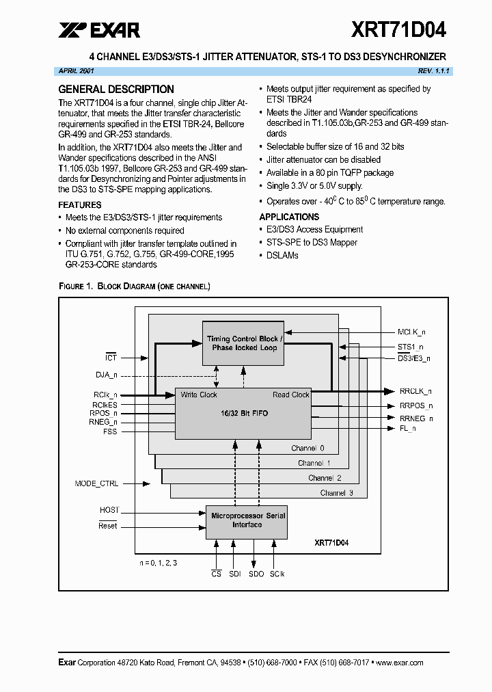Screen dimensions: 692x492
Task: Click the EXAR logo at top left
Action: (99, 29)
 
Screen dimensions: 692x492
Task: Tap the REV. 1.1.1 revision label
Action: (434, 71)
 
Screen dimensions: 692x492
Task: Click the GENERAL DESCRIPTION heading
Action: (116, 89)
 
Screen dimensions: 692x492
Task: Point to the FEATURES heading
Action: (80, 204)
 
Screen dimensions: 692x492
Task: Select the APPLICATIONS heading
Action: (289, 217)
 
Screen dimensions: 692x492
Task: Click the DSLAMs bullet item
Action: (282, 255)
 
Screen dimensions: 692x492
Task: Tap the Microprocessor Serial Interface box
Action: (247, 520)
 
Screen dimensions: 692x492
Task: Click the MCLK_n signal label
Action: (411, 332)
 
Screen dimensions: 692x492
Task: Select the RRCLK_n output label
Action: (415, 391)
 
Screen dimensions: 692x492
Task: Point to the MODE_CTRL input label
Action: (96, 483)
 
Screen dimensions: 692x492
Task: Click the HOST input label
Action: (109, 510)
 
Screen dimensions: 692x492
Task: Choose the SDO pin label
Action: (256, 574)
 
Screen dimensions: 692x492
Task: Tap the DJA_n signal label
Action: (106, 374)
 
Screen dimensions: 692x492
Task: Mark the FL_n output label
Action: (408, 428)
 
